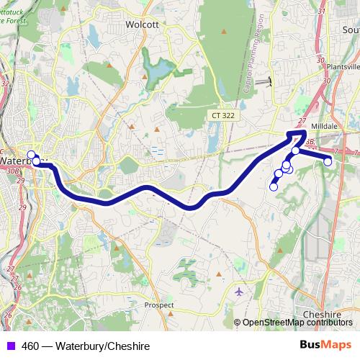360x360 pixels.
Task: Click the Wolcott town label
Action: pos(142,24)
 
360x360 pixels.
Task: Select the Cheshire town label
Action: pos(322,315)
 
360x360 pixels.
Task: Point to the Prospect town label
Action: pos(158,305)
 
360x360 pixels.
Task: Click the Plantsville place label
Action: pos(342,66)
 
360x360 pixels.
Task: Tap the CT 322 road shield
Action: pos(225,115)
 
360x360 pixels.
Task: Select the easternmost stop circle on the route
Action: pos(328,161)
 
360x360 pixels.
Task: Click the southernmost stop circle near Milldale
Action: pos(274,187)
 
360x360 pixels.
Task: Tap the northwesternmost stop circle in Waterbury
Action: pos(31,155)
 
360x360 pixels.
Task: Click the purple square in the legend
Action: pos(11,346)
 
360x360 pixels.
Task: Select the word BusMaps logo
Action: pos(326,346)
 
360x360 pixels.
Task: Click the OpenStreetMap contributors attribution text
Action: pos(298,323)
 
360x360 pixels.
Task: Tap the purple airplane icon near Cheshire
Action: pos(240,292)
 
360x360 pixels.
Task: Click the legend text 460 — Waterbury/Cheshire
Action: pos(86,346)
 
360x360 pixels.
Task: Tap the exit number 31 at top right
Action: pos(321,11)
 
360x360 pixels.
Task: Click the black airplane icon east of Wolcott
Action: pos(269,81)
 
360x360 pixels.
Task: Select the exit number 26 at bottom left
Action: pos(7,315)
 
